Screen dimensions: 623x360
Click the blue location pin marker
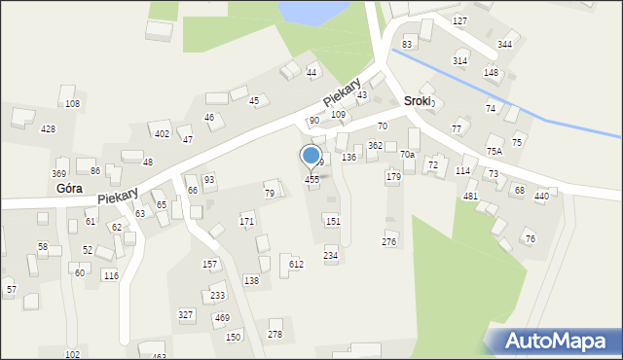(311, 157)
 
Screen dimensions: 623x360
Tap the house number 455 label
(311, 179)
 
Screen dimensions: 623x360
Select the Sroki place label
(417, 101)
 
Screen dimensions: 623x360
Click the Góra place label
(69, 188)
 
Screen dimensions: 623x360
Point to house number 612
(296, 264)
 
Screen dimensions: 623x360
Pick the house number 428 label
(48, 128)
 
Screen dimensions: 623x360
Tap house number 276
(389, 241)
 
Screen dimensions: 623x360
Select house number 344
(504, 45)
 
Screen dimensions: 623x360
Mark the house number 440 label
(541, 196)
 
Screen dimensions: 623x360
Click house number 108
(72, 103)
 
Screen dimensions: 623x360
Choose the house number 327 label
(185, 314)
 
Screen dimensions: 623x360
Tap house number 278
(275, 335)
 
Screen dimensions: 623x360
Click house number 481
(470, 196)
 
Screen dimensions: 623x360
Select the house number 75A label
(495, 151)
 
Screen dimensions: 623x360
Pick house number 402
(163, 133)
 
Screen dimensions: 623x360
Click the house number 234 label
(331, 255)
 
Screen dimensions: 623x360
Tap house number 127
(460, 20)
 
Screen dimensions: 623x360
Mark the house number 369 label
(59, 173)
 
